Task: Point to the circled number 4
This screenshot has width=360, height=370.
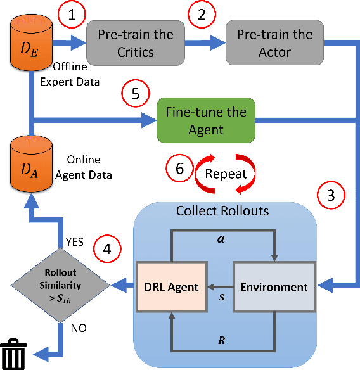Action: point(107,248)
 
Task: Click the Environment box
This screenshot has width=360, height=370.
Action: point(273,286)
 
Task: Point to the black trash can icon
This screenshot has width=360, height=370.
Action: point(13,354)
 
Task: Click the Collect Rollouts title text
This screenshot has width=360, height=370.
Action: point(221,211)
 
